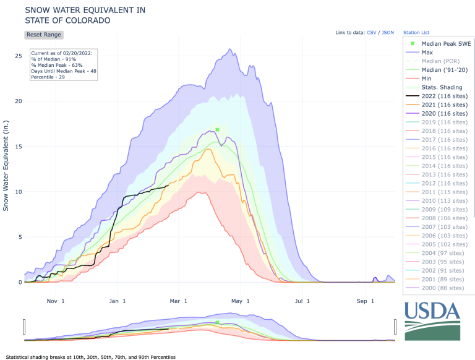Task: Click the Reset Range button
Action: (43, 35)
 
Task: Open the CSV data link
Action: (371, 32)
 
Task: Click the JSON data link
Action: (388, 32)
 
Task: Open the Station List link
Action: (416, 32)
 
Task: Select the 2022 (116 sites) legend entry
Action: (444, 96)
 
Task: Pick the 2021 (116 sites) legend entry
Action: (444, 105)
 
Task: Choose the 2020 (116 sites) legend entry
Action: (444, 113)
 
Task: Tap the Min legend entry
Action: (427, 79)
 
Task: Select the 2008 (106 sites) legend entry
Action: (444, 218)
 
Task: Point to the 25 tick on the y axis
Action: (18, 56)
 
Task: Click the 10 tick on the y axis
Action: (18, 192)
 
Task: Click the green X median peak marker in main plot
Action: (217, 129)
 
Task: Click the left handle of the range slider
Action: (24, 326)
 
